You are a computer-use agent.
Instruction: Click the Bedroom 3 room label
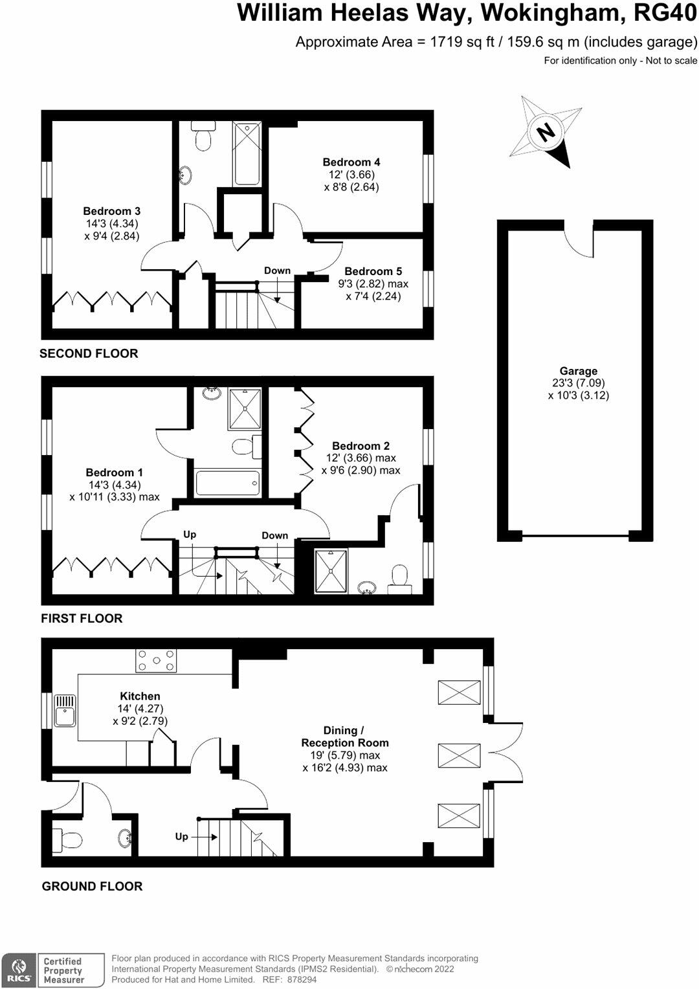[111, 211]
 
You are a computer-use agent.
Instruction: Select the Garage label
[578, 371]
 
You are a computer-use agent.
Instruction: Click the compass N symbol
[546, 133]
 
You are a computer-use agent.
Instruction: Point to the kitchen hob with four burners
[156, 661]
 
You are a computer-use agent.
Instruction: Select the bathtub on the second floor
[247, 153]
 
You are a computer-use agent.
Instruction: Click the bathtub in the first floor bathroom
[227, 483]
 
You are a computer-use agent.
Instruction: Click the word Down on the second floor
[277, 271]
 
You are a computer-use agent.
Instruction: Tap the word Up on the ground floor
[182, 836]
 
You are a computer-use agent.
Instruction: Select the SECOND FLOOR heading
[89, 353]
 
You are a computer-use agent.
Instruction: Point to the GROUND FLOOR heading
[92, 886]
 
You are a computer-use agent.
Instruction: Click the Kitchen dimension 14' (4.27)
[140, 708]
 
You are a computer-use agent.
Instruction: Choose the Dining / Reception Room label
[344, 737]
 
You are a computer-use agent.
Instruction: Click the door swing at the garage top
[579, 241]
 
